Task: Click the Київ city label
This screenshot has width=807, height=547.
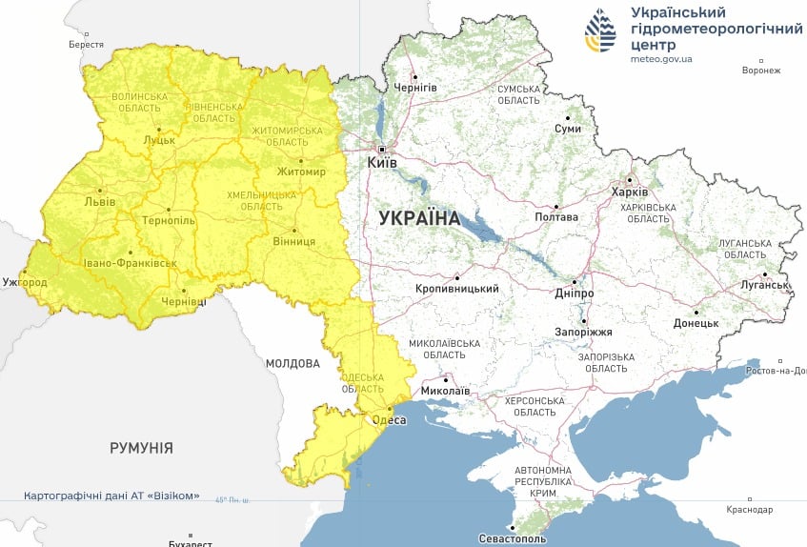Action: tap(382, 164)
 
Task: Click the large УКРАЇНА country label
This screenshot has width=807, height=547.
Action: tap(419, 218)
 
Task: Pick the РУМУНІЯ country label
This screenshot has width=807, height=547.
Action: tap(141, 447)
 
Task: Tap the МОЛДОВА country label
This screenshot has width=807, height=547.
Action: tap(293, 363)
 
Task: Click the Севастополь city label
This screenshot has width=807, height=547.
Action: tap(514, 539)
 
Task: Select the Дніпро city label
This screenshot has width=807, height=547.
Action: tap(575, 294)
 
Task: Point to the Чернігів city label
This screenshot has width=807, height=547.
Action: tap(415, 88)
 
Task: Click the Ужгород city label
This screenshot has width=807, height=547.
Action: tap(25, 283)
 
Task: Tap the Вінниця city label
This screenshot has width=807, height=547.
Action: tap(293, 241)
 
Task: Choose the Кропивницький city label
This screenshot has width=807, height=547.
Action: tap(457, 288)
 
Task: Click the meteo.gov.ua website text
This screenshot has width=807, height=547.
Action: tap(661, 59)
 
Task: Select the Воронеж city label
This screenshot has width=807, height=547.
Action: tap(760, 71)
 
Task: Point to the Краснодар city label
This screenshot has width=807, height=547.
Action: tap(749, 510)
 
